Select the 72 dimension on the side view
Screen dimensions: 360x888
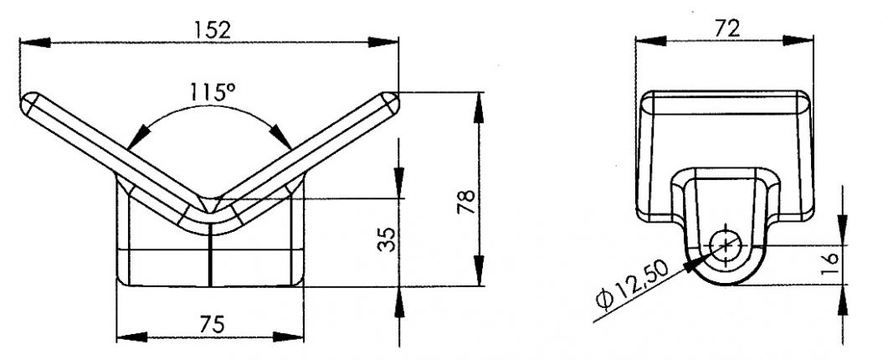pos(726,28)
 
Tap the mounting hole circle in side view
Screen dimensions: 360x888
pos(725,244)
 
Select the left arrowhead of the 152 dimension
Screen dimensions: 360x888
pos(30,41)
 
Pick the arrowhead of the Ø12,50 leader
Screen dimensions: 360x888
pos(696,262)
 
